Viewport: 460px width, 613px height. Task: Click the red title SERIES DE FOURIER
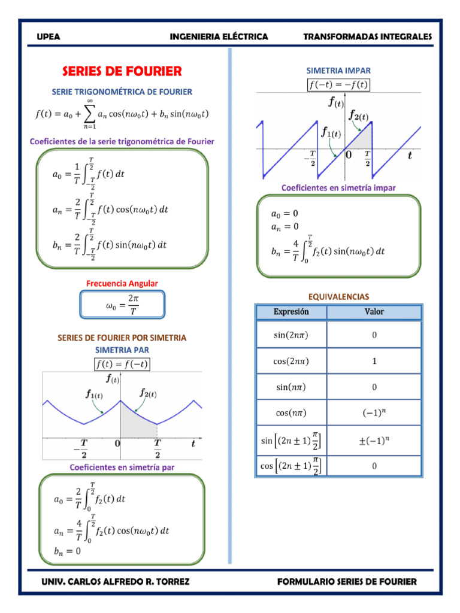122,71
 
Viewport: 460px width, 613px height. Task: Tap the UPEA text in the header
49,37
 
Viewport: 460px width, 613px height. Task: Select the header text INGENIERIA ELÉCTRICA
219,37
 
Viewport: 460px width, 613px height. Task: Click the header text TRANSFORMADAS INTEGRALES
367,37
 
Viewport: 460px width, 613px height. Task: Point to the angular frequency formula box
122,305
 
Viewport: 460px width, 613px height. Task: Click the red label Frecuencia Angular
122,283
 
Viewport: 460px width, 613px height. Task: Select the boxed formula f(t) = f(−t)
122,364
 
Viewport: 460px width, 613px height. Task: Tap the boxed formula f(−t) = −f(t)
338,85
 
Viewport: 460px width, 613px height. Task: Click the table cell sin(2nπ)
291,335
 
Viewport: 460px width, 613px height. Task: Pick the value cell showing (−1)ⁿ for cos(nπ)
374,412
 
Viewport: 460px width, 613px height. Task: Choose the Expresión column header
291,312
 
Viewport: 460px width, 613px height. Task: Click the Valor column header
374,312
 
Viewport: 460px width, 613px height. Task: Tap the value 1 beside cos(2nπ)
374,361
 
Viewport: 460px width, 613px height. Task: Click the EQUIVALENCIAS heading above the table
338,297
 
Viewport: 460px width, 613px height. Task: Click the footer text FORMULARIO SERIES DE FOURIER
347,582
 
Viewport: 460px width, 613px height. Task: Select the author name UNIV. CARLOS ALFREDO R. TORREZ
116,582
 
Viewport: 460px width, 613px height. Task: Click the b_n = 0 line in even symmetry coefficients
67,551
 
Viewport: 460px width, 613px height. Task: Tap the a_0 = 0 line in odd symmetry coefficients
285,214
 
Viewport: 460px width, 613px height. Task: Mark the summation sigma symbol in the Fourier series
90,114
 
